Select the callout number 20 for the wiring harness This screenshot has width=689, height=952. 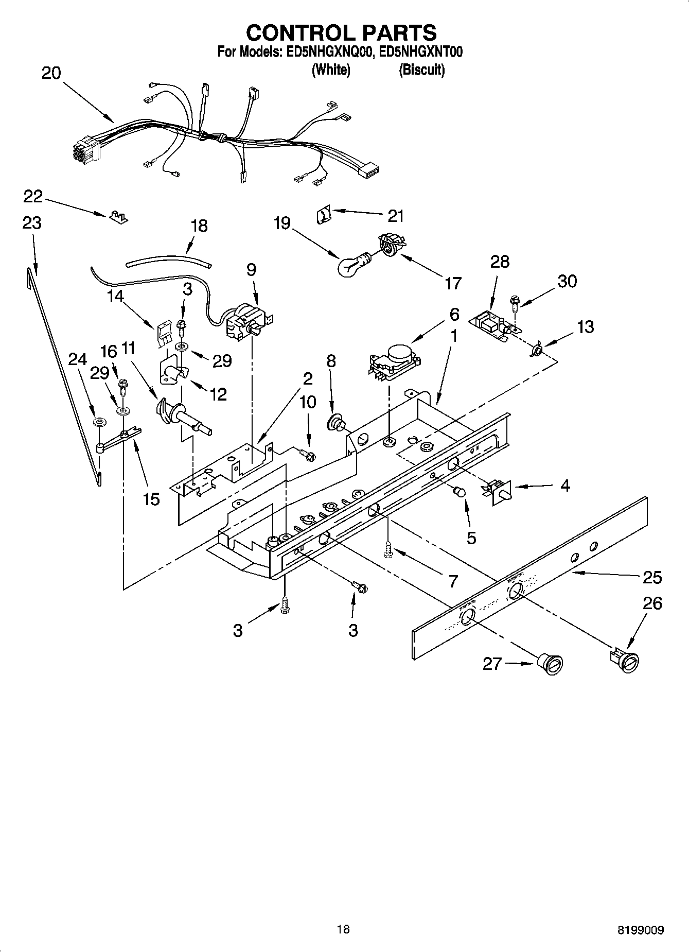(51, 73)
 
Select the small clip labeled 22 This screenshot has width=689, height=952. (119, 217)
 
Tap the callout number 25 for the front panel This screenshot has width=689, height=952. (652, 577)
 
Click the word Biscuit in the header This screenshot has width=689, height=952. (421, 70)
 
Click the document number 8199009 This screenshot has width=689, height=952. (641, 930)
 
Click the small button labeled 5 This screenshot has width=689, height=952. (459, 493)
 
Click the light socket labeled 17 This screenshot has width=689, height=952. (391, 243)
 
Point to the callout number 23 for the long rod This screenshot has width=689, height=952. (32, 223)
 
